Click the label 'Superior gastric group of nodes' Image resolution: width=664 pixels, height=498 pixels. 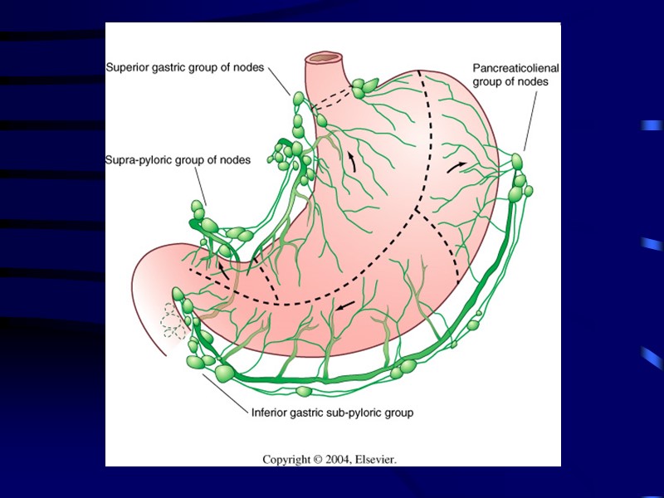coord(184,68)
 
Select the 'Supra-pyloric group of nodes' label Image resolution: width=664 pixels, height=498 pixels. coord(178,160)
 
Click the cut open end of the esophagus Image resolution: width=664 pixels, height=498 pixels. coord(325,59)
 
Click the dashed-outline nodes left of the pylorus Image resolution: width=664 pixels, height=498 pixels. coord(173,320)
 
